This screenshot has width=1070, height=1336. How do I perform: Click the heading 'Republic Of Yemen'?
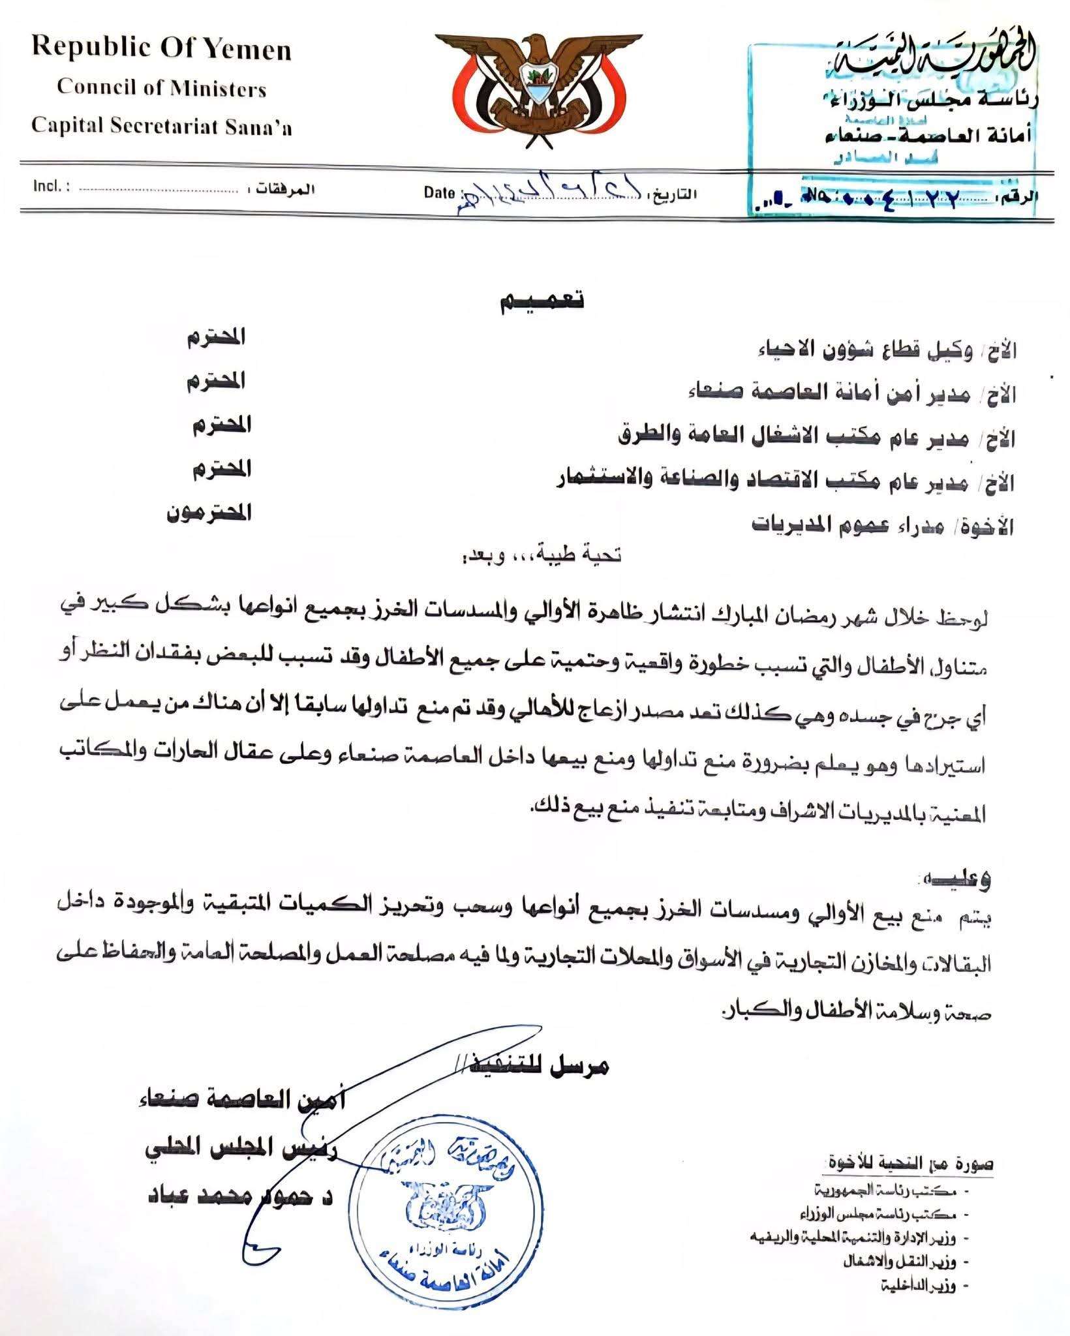[162, 50]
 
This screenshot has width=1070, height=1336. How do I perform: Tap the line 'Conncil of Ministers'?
[162, 88]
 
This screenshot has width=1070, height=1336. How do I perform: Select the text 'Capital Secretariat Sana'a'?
[162, 127]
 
